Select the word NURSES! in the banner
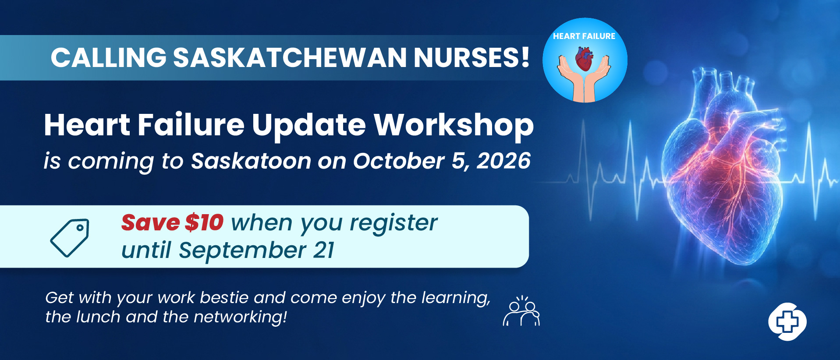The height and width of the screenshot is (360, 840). click(471, 57)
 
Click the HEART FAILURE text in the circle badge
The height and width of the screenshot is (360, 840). click(584, 36)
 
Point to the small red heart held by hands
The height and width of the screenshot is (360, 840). click(584, 60)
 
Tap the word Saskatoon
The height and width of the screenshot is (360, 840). click(251, 161)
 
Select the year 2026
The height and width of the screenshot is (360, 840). click(504, 161)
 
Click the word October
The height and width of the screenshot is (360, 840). click(399, 161)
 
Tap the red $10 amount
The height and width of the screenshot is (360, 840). click(204, 222)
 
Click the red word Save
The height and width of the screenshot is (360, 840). click(150, 222)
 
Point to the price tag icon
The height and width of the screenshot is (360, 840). click(70, 238)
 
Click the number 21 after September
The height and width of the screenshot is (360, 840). click(324, 251)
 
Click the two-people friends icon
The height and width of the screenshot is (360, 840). click(521, 311)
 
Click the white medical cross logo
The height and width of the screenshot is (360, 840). click(787, 322)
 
